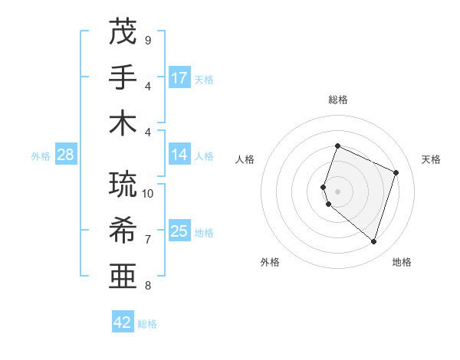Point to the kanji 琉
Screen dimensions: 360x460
(123, 183)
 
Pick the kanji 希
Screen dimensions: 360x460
(123, 229)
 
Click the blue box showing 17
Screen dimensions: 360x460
(179, 77)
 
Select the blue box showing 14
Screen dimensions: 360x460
(179, 155)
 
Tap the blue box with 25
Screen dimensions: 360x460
(179, 231)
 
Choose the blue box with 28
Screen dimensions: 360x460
(66, 155)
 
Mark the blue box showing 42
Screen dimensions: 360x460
(123, 322)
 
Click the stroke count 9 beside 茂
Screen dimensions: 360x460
(148, 39)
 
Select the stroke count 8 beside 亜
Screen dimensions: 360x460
(148, 286)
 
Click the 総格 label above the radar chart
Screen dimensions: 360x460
(338, 100)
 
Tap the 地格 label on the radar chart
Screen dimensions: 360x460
(402, 262)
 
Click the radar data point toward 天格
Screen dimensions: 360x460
(396, 172)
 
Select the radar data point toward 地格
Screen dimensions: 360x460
(373, 242)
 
